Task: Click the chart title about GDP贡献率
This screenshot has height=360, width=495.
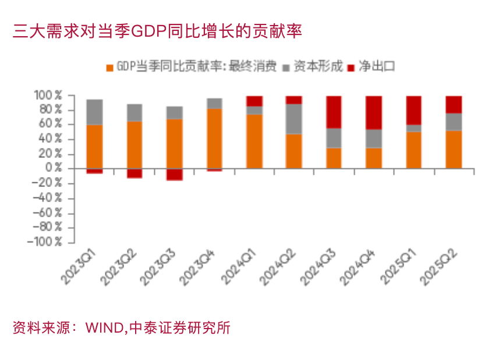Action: point(157,31)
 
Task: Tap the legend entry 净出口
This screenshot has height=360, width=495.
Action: point(378,66)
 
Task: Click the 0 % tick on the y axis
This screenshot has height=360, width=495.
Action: point(54,168)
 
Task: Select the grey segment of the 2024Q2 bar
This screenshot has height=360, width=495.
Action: point(294,119)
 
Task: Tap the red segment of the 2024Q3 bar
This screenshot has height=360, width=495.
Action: point(334,112)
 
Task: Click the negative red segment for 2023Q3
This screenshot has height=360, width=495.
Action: point(174,174)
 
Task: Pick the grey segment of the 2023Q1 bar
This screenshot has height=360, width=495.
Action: point(94,112)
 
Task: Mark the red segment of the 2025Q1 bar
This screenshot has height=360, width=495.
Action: point(413,110)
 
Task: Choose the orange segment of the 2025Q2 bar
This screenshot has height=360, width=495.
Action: point(454,149)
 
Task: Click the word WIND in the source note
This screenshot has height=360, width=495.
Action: point(104,328)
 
